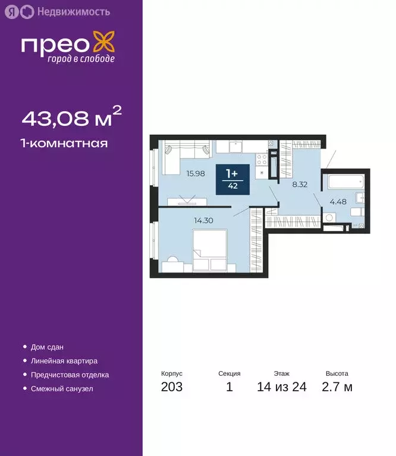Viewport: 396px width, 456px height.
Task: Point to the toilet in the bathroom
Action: pyautogui.click(x=357, y=212)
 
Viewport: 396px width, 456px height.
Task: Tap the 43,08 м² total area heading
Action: pyautogui.click(x=71, y=118)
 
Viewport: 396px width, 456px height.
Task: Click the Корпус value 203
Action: pyautogui.click(x=172, y=388)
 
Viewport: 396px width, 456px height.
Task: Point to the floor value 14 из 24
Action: pyautogui.click(x=281, y=388)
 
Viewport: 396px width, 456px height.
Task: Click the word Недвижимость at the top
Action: pyautogui.click(x=64, y=11)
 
